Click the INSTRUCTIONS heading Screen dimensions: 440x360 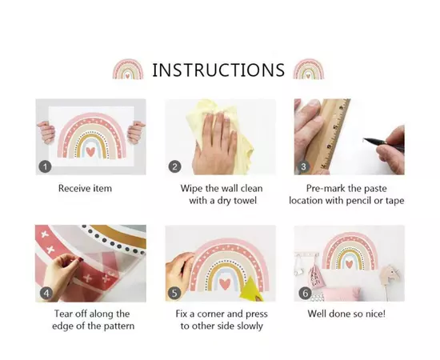(218, 70)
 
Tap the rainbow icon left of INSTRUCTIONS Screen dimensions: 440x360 (128, 69)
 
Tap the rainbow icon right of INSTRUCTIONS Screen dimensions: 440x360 (308, 69)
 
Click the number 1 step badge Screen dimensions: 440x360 (45, 166)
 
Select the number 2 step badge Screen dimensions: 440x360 (174, 166)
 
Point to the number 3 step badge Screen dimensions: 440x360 (303, 166)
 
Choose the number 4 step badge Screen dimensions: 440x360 (46, 294)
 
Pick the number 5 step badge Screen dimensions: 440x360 (174, 294)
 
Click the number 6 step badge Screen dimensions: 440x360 (305, 294)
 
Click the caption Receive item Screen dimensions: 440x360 (85, 188)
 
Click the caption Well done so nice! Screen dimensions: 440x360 (346, 314)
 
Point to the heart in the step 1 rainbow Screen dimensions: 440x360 (90, 151)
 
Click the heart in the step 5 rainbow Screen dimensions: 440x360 (225, 284)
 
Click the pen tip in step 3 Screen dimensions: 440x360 (364, 139)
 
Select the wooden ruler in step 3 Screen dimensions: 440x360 (328, 136)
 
